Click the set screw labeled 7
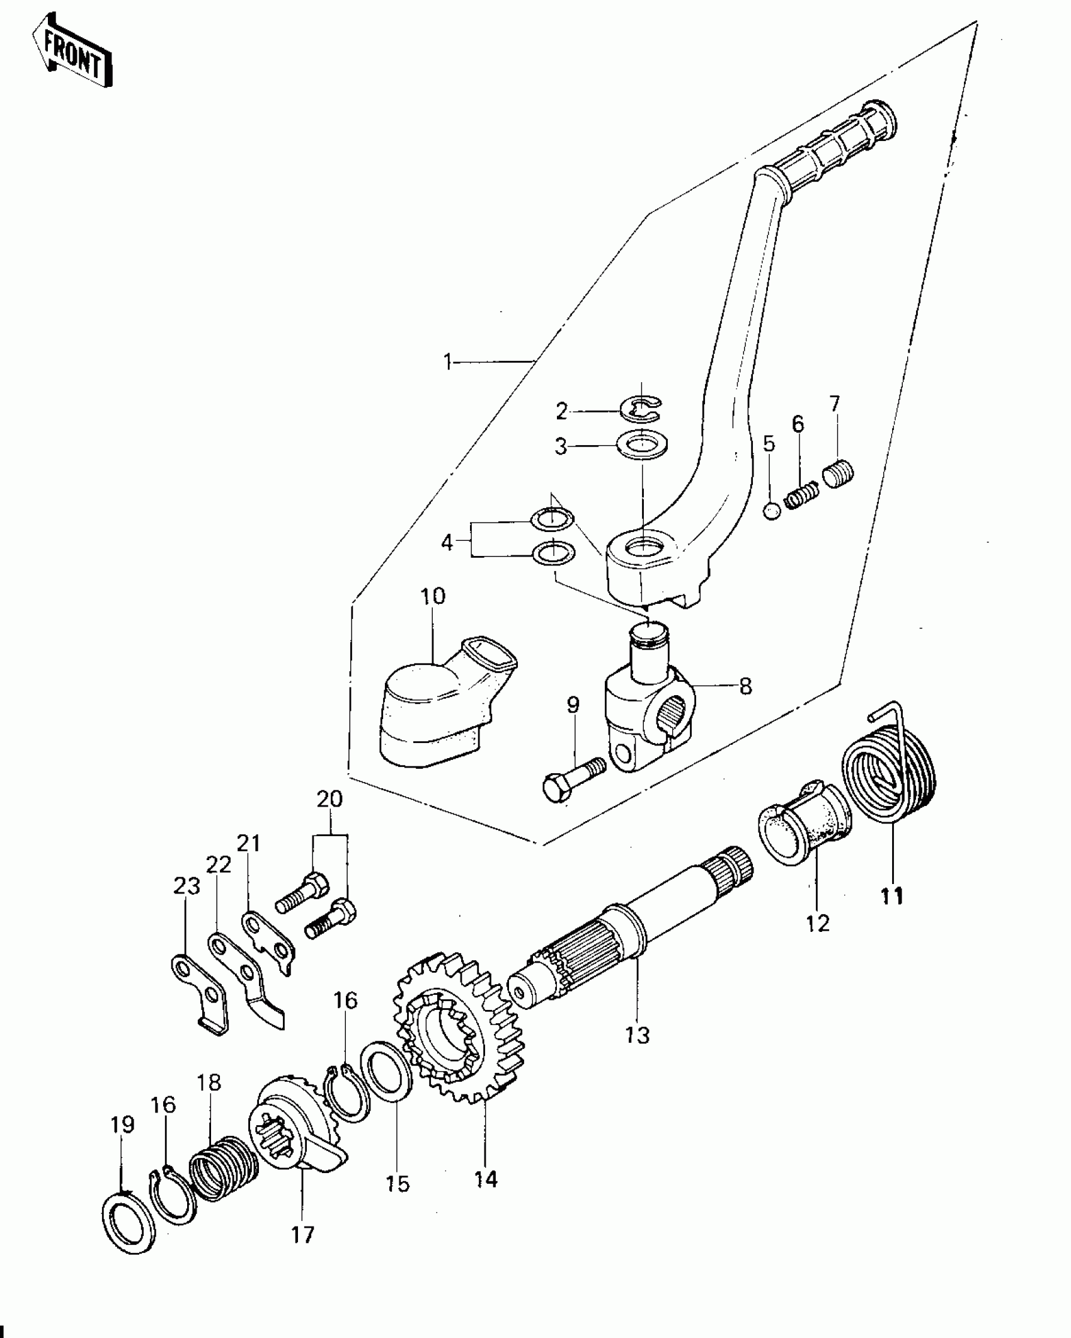tap(838, 473)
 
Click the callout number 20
tap(329, 799)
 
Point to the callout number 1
tap(448, 363)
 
